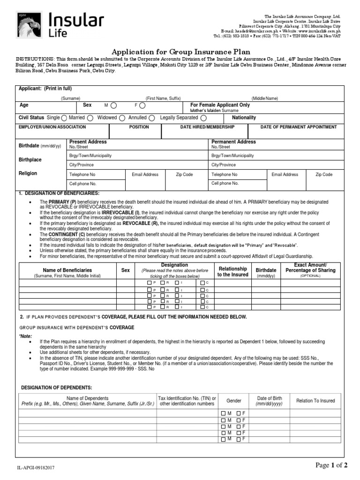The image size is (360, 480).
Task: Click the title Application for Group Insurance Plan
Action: coord(180,52)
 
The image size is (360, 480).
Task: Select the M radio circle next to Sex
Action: coord(114,106)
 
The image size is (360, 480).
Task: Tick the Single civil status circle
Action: coord(64,118)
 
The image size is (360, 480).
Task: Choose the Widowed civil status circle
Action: coord(122,118)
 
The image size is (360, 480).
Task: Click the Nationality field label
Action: coord(244,118)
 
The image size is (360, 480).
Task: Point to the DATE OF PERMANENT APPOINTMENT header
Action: coord(299,127)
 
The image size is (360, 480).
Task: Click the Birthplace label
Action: coord(30,159)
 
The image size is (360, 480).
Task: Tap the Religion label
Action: coord(28,173)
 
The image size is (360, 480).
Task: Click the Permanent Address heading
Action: coord(233,142)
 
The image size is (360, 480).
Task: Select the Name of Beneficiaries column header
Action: coord(67,270)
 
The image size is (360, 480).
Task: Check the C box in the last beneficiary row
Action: coord(202,307)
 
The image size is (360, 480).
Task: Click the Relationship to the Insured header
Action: coord(232,271)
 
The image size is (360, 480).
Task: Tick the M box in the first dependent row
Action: coord(223,413)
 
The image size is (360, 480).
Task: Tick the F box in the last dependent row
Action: coord(239,440)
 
